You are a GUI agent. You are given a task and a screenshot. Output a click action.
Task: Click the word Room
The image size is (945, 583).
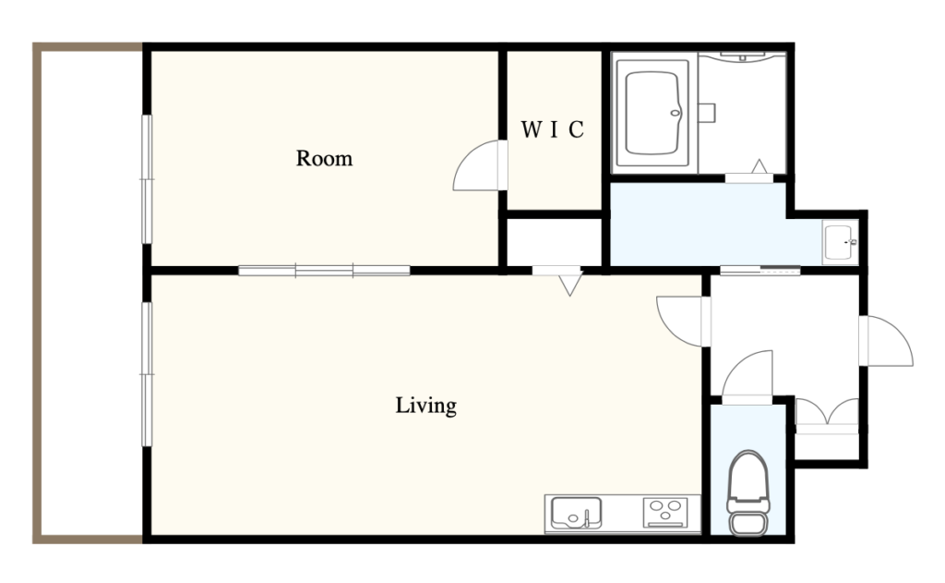pos(324,158)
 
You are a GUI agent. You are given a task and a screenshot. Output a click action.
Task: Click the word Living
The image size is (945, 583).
pos(425,405)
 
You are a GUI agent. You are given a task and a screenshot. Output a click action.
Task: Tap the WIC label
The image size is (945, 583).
pos(552,129)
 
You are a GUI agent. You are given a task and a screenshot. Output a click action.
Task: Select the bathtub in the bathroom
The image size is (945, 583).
pos(652,113)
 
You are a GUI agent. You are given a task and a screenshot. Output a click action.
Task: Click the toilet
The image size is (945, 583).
pos(748,492)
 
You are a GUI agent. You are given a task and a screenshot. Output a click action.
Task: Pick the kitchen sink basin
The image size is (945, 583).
pos(576,513)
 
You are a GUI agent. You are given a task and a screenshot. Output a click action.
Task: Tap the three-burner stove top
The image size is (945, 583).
pos(664,513)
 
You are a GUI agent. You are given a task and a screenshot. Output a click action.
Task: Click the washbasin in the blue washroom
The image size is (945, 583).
pos(840,242)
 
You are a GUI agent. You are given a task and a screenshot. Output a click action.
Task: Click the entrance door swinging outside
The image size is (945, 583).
pos(887,341)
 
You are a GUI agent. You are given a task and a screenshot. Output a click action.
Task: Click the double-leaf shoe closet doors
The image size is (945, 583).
pos(827,414)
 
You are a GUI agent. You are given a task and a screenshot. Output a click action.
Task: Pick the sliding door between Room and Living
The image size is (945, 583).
pos(324,271)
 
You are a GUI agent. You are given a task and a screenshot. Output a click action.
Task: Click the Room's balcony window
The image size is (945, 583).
pos(147,179)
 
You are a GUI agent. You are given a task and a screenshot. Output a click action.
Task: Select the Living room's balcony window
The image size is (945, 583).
pos(147,374)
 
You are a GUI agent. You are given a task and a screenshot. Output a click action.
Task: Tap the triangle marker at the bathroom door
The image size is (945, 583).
pos(760,166)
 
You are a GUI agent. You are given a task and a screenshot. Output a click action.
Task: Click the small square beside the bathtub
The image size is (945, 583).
pos(707,113)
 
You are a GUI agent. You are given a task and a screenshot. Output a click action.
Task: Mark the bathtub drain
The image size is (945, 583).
pos(676,113)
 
